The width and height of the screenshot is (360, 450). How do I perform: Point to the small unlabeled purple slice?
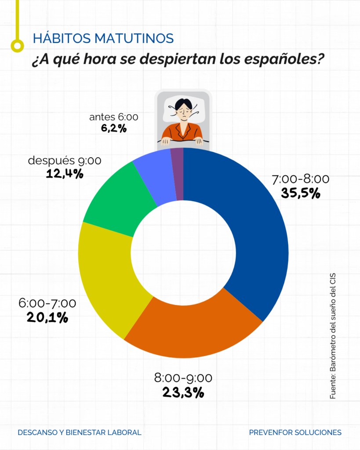click(177, 174)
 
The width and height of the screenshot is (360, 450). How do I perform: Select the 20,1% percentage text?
click(47, 317)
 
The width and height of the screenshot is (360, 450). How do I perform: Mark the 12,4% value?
click(65, 174)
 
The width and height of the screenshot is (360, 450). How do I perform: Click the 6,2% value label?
click(113, 129)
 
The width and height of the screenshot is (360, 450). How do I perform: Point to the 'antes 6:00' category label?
click(113, 117)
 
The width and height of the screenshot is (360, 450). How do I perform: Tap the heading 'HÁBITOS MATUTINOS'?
click(103, 39)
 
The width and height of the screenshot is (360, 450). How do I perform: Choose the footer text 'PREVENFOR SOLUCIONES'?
click(295, 432)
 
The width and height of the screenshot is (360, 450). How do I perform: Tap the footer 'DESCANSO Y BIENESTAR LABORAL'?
click(80, 432)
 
